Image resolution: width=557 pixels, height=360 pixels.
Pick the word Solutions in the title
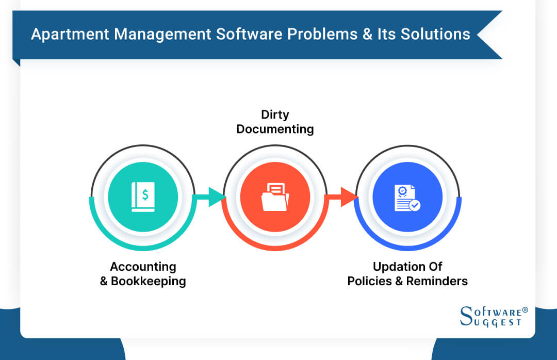coord(437,35)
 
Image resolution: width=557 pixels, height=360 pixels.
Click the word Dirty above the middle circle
coord(275,114)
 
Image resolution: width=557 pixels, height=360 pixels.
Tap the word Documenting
coord(275,129)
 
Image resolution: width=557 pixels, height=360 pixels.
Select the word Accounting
coord(143,267)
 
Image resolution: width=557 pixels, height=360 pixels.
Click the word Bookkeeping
coord(149,282)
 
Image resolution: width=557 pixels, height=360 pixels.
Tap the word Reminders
coord(437,282)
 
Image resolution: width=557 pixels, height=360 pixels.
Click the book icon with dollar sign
coord(142,197)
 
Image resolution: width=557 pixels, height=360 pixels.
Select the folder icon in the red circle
coord(275,198)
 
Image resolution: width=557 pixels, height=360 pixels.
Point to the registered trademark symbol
coord(525,310)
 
